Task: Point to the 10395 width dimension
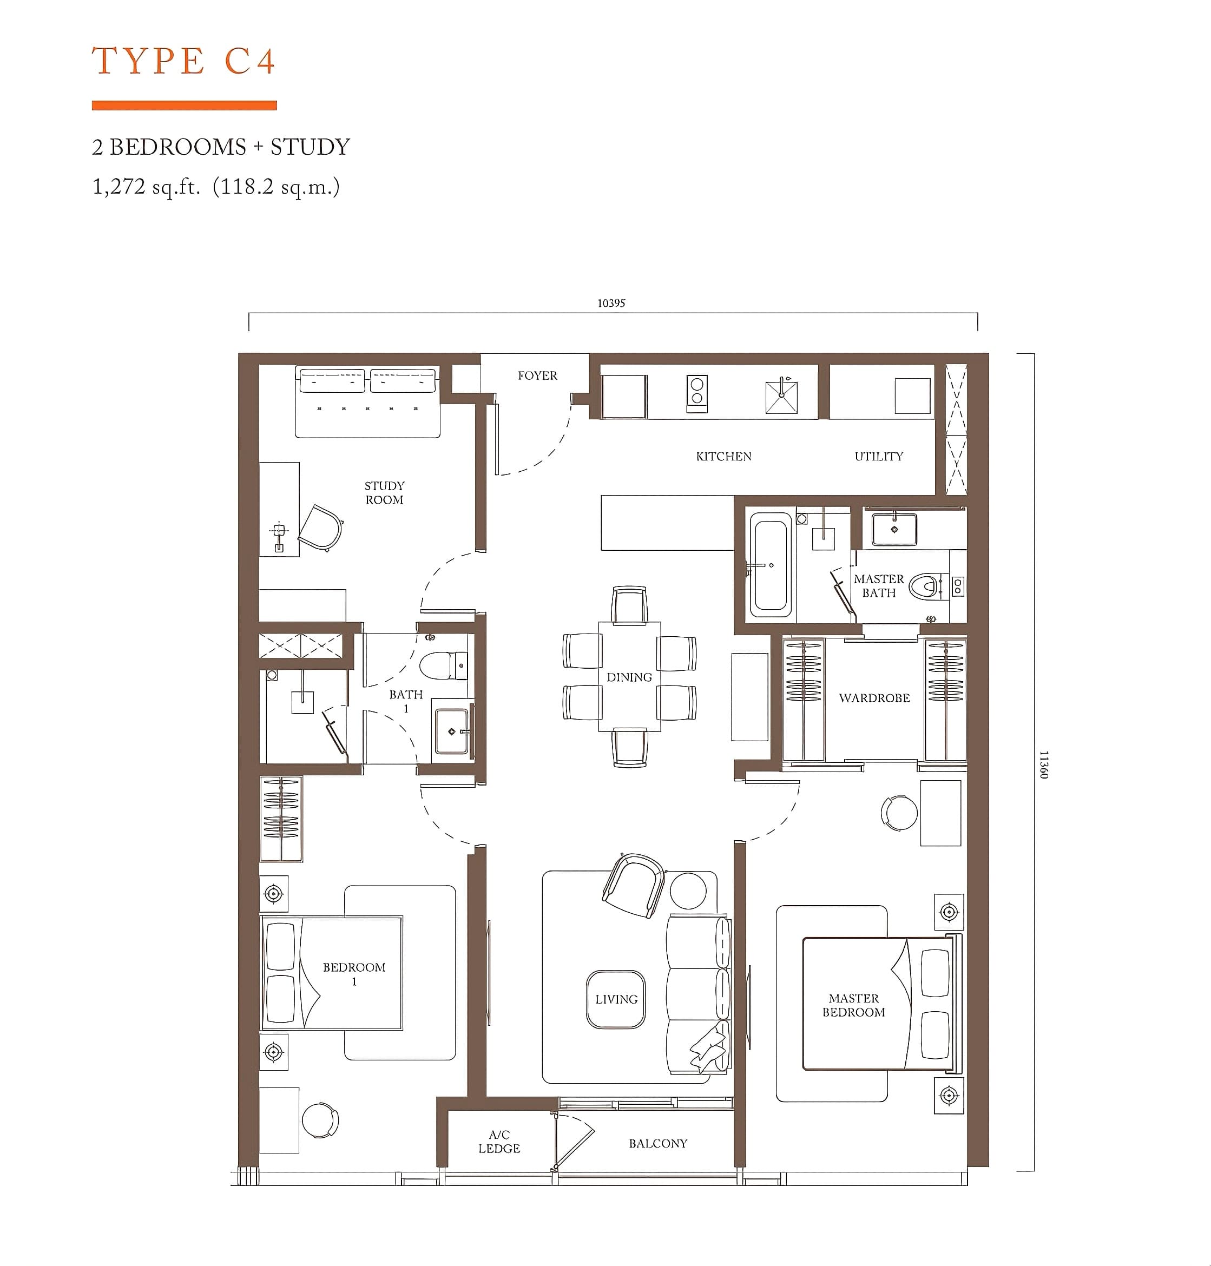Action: pos(611,304)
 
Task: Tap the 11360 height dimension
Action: pos(1044,764)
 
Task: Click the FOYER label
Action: pos(537,375)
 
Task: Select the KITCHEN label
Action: pos(723,456)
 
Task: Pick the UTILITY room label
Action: pos(879,456)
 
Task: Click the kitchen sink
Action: pos(781,396)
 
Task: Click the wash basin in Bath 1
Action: pos(451,731)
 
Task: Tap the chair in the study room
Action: pos(321,528)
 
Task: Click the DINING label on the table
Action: pos(629,677)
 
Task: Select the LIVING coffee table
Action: pos(616,999)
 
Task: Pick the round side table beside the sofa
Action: pos(688,891)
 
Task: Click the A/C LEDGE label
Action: pos(499,1142)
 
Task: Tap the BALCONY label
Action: pos(658,1143)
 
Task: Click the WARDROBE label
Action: pos(874,697)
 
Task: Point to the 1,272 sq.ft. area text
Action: pos(147,187)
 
